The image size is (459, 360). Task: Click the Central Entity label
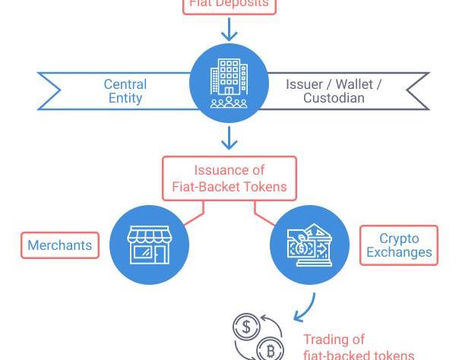point(125,91)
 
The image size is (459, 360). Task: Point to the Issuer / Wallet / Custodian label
point(334,91)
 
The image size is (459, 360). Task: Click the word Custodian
point(334,98)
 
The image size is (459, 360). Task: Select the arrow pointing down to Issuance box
point(229,139)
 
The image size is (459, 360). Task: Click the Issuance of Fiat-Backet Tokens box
point(230,178)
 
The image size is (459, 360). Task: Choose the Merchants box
point(60,245)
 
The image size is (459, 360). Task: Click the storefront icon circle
point(149,245)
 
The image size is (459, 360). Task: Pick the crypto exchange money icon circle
point(309,245)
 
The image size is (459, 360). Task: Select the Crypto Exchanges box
point(399,245)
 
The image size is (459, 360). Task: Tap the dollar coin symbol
point(246,328)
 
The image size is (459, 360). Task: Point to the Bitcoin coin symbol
point(269,350)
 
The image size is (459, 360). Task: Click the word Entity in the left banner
point(125,98)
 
